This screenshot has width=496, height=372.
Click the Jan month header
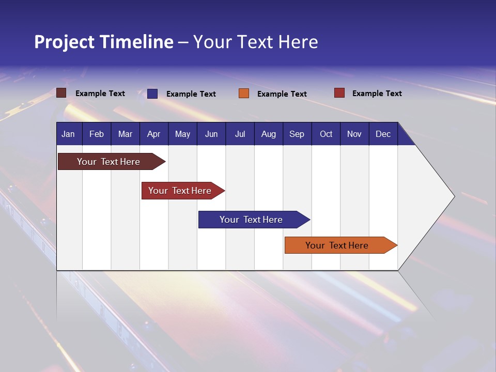(68, 134)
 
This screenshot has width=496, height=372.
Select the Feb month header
(97, 134)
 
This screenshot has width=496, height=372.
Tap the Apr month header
(153, 134)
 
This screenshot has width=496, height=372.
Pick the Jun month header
(211, 134)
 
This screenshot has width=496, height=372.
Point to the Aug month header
(268, 134)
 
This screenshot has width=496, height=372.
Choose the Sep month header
(297, 134)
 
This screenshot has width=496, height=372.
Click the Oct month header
(326, 134)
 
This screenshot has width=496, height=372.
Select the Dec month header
(383, 134)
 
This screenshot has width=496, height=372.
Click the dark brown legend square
(61, 93)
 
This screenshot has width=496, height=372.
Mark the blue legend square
(152, 94)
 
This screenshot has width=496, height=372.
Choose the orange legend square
(244, 94)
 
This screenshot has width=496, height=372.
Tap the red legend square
(339, 93)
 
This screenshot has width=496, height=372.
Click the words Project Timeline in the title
(104, 42)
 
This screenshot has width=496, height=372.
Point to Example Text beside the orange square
(282, 94)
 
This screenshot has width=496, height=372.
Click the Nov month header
(354, 134)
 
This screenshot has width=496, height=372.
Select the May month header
(182, 134)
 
